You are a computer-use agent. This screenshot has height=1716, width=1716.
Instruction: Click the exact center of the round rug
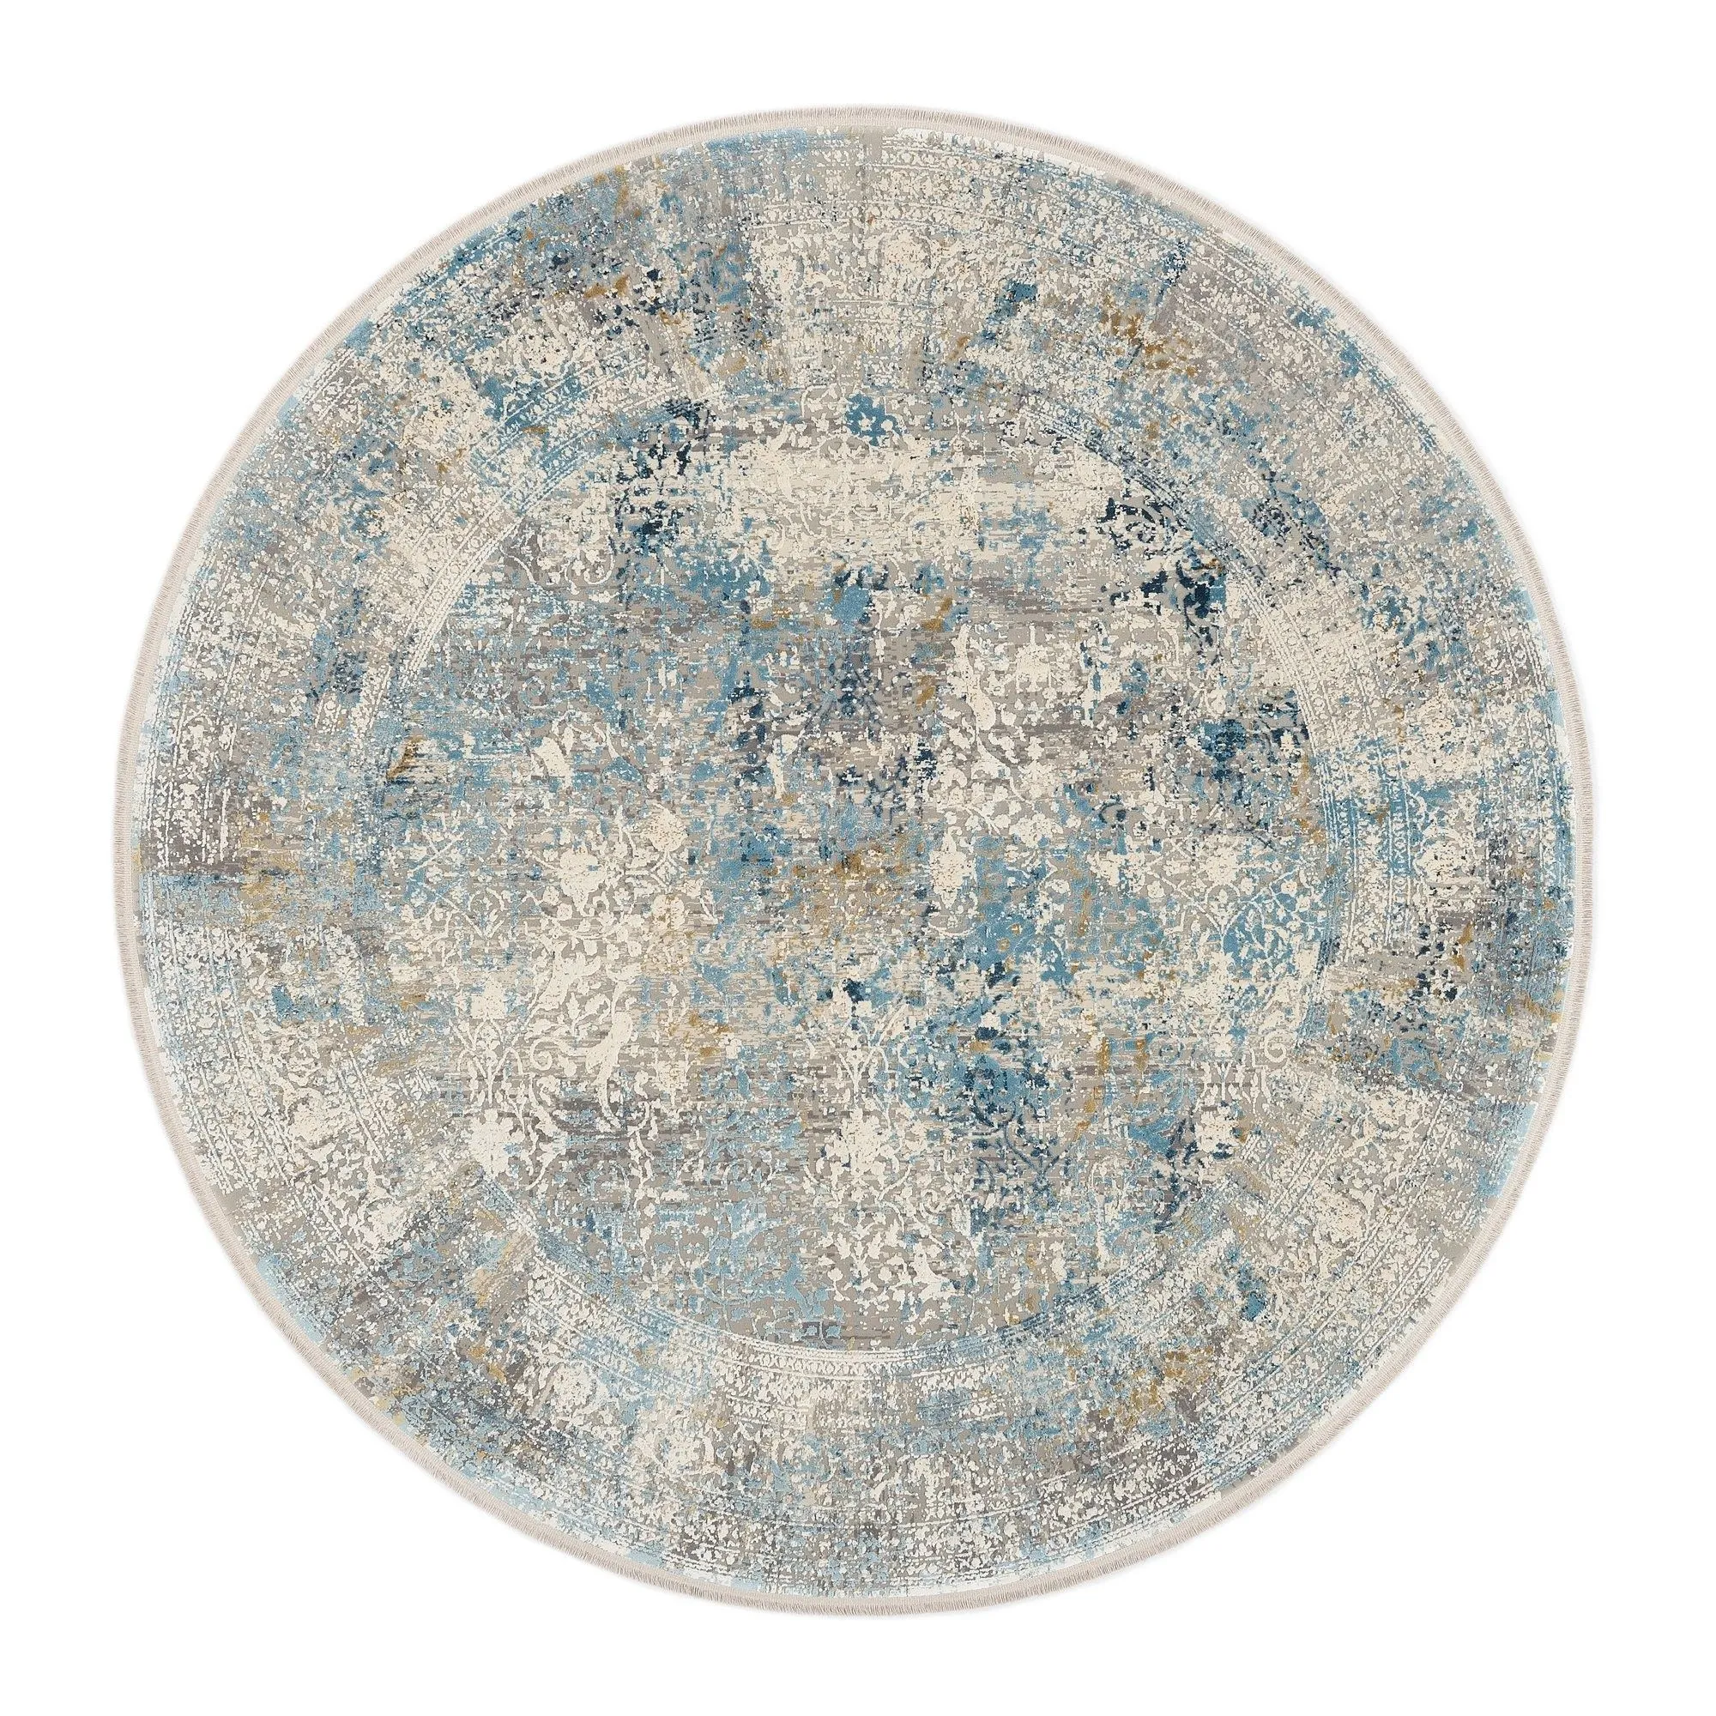coord(858,858)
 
